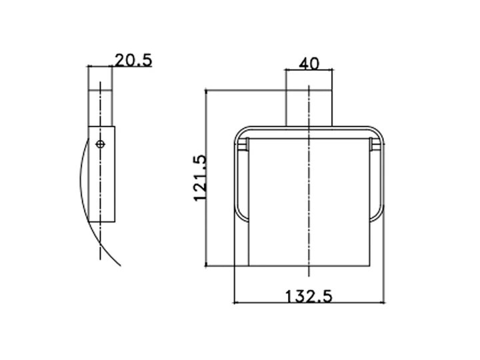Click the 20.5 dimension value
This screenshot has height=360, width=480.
point(133,60)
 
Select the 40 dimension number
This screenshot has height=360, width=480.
point(309,64)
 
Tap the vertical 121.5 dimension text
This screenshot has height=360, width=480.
point(200,178)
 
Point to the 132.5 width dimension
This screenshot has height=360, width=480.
point(309,296)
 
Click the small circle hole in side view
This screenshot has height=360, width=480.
point(101,144)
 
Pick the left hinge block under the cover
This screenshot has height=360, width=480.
point(243,144)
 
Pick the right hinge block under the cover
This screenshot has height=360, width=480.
point(375,144)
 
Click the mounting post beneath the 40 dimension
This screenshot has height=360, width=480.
point(309,108)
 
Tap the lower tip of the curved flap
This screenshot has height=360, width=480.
point(120,266)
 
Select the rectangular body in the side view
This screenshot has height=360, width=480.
point(101,174)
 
